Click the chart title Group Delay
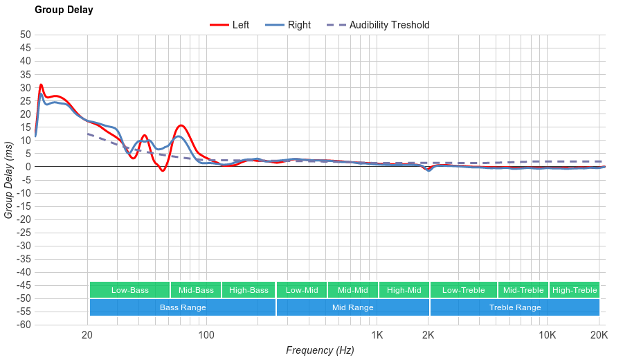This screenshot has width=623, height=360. point(64,10)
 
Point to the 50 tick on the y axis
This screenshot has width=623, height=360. point(26,35)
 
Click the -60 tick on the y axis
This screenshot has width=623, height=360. point(24,325)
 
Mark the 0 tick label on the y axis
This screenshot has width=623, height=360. point(28,167)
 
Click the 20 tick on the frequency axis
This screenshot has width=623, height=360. point(87,335)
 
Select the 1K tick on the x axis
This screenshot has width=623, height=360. point(377,335)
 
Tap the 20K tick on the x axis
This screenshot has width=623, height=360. point(599,335)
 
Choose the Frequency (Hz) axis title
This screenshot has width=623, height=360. point(320,350)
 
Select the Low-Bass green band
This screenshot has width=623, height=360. point(129,290)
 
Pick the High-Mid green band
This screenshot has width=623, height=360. point(404,290)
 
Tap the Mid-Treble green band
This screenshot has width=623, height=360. point(523,290)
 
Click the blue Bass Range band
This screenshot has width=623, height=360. point(183,307)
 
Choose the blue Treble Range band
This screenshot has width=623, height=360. point(515,307)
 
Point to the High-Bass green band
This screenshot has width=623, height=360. point(249,290)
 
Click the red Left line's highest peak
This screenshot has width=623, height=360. point(41,84)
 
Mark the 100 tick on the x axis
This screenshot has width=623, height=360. point(206,335)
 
